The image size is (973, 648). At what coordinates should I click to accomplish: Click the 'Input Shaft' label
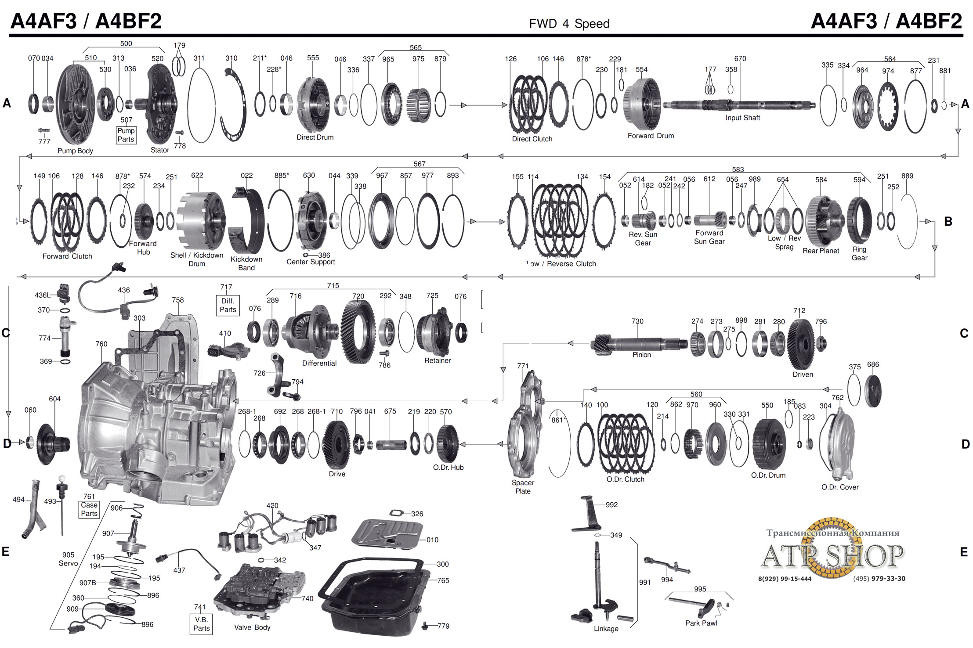pyautogui.click(x=742, y=118)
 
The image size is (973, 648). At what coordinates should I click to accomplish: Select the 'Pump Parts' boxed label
pyautogui.click(x=126, y=135)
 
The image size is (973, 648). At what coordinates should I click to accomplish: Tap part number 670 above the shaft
pyautogui.click(x=740, y=58)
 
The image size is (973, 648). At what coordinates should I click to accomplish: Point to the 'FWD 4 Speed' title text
pyautogui.click(x=569, y=24)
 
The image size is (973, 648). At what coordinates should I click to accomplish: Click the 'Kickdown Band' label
pyautogui.click(x=246, y=263)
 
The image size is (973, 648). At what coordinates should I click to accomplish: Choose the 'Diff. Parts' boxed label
pyautogui.click(x=228, y=305)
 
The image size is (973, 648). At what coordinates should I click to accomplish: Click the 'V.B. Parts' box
pyautogui.click(x=201, y=624)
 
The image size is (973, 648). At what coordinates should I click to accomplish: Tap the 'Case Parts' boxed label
pyautogui.click(x=89, y=509)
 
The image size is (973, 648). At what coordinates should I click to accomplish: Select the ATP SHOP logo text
pyautogui.click(x=832, y=555)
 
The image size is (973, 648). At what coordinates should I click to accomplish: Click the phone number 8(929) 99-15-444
pyautogui.click(x=785, y=579)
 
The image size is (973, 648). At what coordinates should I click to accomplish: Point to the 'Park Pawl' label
pyautogui.click(x=701, y=623)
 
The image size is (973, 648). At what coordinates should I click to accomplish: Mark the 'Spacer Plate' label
pyautogui.click(x=523, y=487)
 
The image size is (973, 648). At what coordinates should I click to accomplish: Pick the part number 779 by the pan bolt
pyautogui.click(x=443, y=626)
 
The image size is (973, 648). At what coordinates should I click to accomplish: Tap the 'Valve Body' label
pyautogui.click(x=252, y=627)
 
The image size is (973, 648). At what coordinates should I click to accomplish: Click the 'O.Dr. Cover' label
pyautogui.click(x=839, y=487)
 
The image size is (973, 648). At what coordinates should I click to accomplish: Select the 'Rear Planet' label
pyautogui.click(x=821, y=251)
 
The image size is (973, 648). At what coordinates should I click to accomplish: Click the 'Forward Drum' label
pyautogui.click(x=650, y=136)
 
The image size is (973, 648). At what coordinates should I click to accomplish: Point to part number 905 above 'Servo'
pyautogui.click(x=68, y=555)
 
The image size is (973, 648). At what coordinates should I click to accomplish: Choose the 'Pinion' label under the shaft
pyautogui.click(x=641, y=355)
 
